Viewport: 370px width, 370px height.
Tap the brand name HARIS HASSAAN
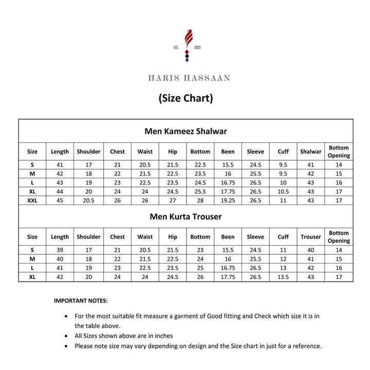pyautogui.click(x=189, y=78)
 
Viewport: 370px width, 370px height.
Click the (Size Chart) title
pyautogui.click(x=186, y=98)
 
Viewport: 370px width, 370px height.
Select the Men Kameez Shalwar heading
pyautogui.click(x=186, y=131)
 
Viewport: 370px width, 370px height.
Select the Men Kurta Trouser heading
pyautogui.click(x=186, y=216)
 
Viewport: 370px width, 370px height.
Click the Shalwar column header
pyautogui.click(x=310, y=152)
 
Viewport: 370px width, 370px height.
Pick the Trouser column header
pyautogui.click(x=310, y=237)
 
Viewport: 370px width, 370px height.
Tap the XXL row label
pyautogui.click(x=32, y=200)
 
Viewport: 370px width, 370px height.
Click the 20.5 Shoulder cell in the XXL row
pyautogui.click(x=88, y=200)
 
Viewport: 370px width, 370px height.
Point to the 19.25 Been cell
pyautogui.click(x=228, y=200)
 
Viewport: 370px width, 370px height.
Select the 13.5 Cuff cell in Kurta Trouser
pyautogui.click(x=283, y=277)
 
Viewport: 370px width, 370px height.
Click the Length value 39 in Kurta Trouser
pyautogui.click(x=60, y=250)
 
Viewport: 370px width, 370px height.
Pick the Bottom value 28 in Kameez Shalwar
pyautogui.click(x=200, y=200)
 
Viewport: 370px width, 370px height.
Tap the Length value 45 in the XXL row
pyautogui.click(x=60, y=200)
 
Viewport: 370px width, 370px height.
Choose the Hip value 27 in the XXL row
pyautogui.click(x=173, y=200)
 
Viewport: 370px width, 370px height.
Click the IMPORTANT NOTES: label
pyautogui.click(x=81, y=301)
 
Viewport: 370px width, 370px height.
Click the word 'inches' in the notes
pyautogui.click(x=162, y=336)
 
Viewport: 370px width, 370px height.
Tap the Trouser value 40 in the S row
pyautogui.click(x=310, y=250)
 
